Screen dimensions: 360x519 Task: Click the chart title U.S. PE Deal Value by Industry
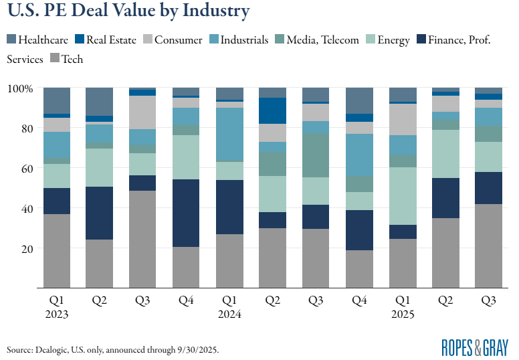pos(128,12)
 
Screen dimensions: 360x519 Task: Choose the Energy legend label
pos(393,40)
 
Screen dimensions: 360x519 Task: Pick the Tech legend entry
pos(72,60)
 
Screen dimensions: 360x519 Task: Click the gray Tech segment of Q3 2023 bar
pos(143,239)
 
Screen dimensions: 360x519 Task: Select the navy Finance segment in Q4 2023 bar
pos(187,213)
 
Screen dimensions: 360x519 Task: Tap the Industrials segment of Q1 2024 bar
pos(229,134)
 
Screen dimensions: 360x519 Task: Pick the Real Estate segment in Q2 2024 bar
pos(273,110)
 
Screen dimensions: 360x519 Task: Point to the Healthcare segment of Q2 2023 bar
pos(100,101)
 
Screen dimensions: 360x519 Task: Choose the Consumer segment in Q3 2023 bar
pos(143,112)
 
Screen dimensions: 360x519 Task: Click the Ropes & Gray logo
pos(475,347)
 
